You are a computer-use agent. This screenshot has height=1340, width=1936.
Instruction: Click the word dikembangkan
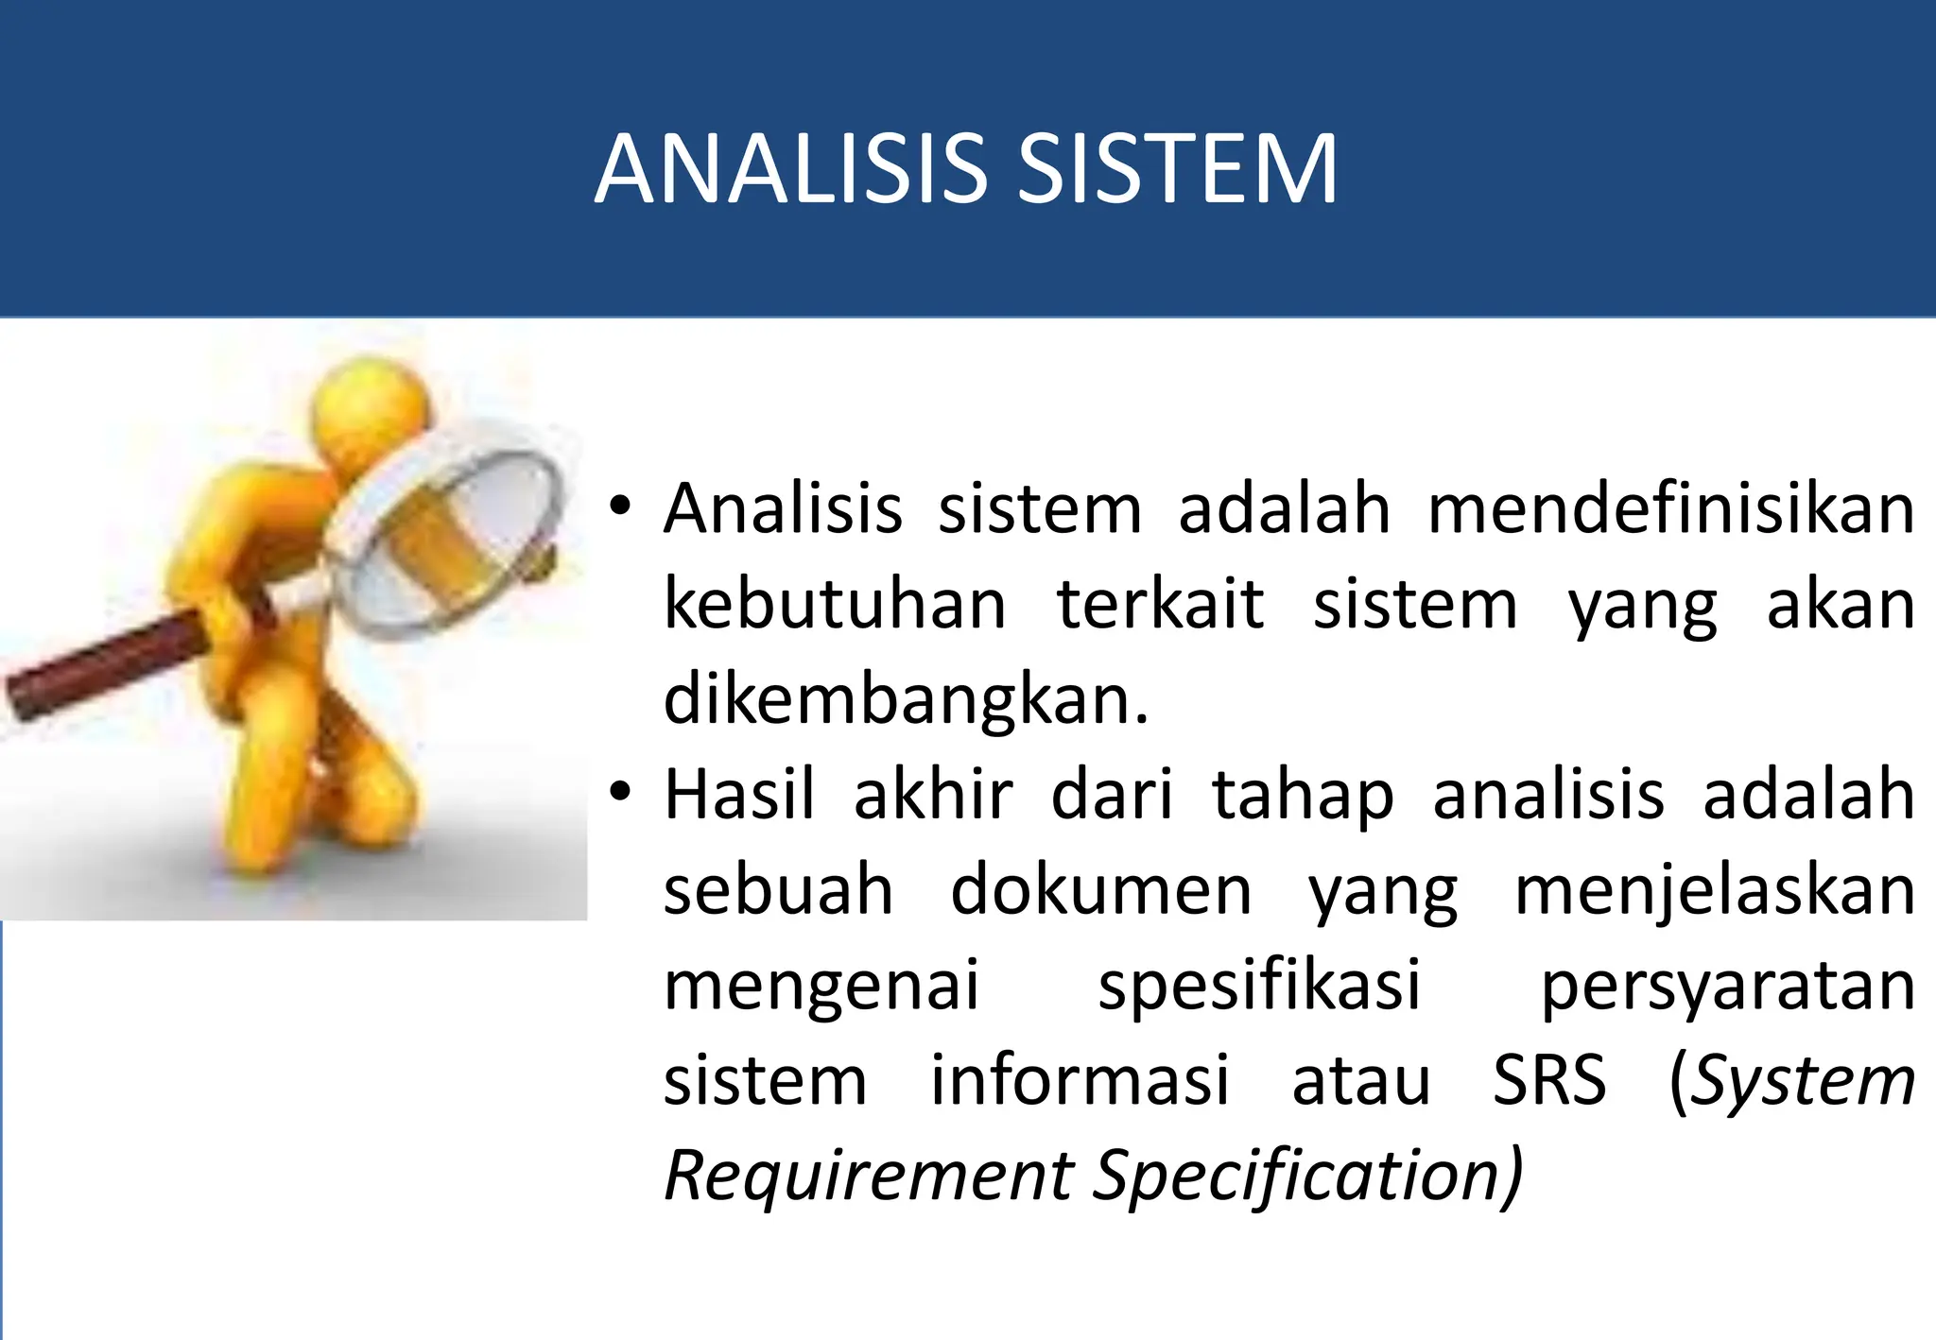(x=906, y=701)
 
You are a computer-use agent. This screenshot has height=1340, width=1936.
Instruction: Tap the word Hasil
(x=739, y=796)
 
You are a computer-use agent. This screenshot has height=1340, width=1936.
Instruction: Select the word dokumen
(x=1100, y=891)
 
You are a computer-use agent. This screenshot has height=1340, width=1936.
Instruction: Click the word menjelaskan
(x=1714, y=891)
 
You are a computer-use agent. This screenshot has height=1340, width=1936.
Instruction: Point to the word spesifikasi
(x=1259, y=987)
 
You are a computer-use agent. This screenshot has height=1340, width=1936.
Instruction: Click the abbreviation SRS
(x=1548, y=1081)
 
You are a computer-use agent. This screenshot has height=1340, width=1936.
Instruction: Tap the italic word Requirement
(x=869, y=1177)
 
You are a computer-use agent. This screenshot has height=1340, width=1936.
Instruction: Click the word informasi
(x=1080, y=1081)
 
